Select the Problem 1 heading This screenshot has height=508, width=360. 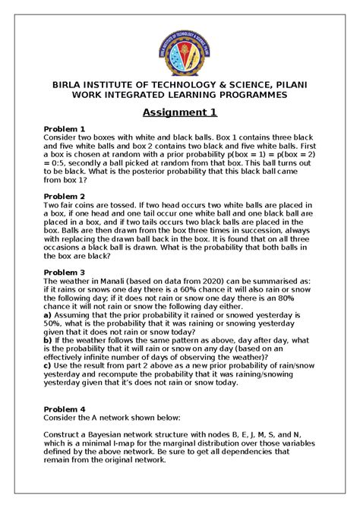click(66, 129)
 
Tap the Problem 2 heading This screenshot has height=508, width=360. click(66, 196)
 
